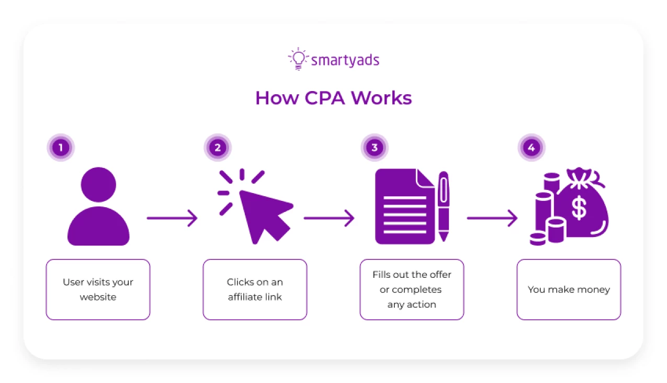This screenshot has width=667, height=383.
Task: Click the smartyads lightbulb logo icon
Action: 298,59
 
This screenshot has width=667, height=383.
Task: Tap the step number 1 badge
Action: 61,148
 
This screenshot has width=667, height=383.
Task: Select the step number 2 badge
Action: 218,148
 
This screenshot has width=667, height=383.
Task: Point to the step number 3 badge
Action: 375,148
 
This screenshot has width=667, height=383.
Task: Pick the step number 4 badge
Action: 532,148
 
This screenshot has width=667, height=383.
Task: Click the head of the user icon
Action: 98,185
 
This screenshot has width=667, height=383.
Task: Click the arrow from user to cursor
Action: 172,218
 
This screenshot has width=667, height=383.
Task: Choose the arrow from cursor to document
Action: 329,218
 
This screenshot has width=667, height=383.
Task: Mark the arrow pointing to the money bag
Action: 492,218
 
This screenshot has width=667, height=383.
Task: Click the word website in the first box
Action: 98,297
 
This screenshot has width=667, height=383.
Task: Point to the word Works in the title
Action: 381,98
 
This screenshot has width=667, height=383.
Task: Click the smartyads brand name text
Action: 345,60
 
